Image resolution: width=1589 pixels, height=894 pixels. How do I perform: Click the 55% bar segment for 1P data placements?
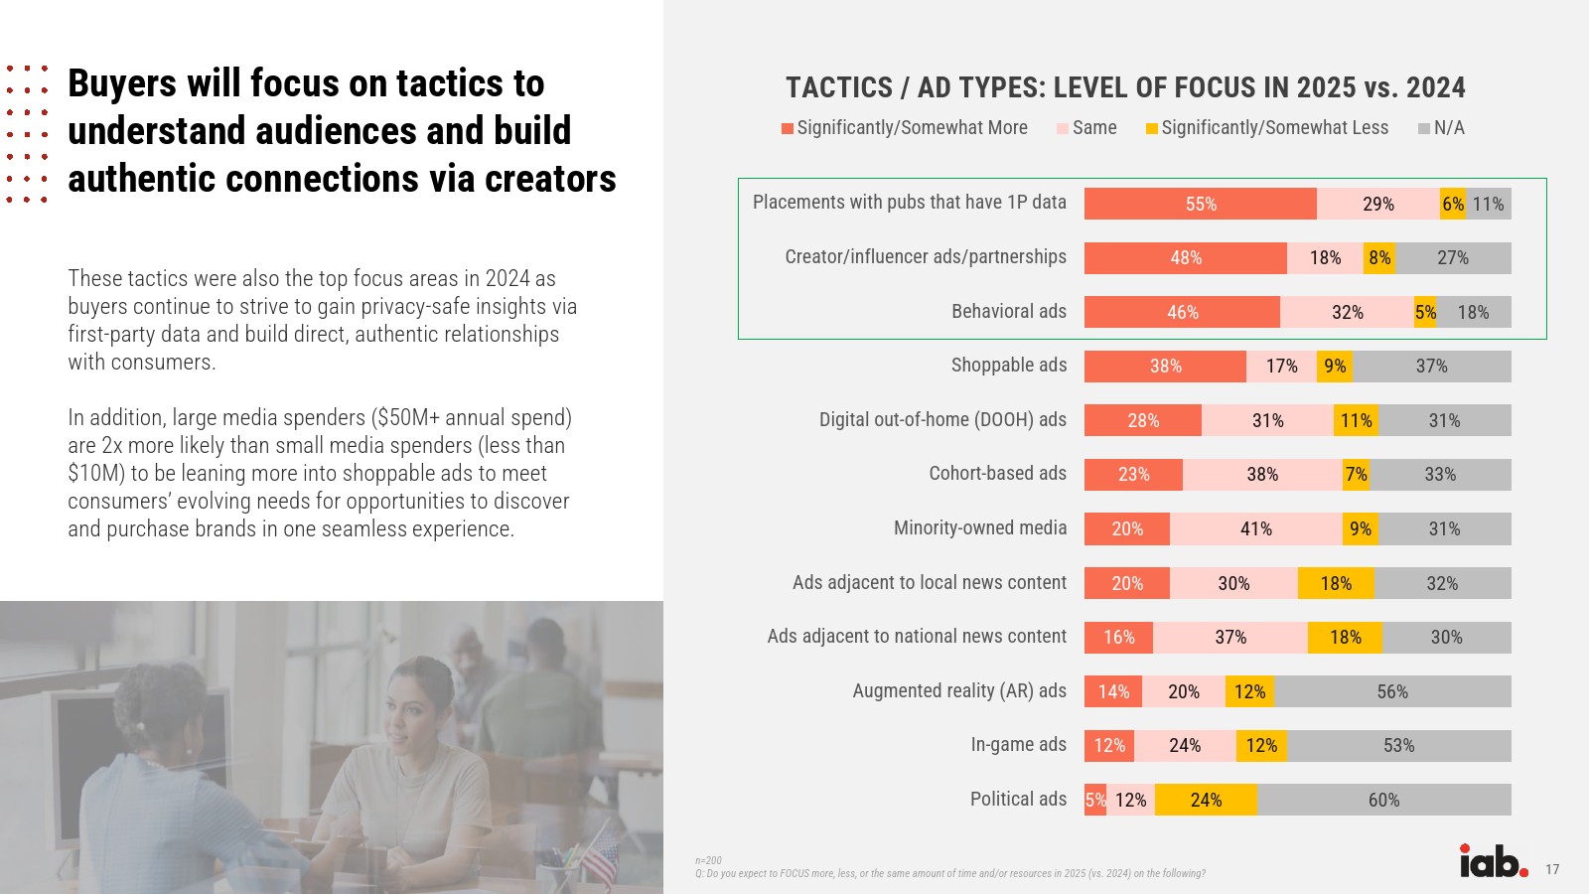[1200, 204]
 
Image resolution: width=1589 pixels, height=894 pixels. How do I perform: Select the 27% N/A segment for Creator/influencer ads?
[1452, 258]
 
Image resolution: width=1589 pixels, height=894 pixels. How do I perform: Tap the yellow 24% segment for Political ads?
[1206, 800]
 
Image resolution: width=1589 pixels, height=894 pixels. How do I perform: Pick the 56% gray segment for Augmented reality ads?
[1391, 691]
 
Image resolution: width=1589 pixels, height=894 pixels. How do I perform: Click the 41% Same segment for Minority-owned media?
[1255, 528]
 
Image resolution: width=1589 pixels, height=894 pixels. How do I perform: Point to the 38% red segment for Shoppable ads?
[1165, 367]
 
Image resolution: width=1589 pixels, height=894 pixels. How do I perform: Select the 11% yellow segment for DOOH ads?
[1356, 420]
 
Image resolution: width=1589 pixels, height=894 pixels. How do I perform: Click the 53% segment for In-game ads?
[1398, 746]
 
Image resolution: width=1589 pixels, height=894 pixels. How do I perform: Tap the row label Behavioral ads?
[1008, 312]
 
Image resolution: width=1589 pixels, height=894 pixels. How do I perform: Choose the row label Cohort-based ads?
[997, 474]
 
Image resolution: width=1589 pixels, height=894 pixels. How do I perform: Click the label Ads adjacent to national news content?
[917, 637]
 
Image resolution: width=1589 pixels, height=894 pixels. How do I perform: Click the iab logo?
[1493, 861]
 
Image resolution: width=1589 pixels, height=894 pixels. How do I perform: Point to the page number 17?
[1552, 870]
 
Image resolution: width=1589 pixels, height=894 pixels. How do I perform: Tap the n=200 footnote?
[708, 860]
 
